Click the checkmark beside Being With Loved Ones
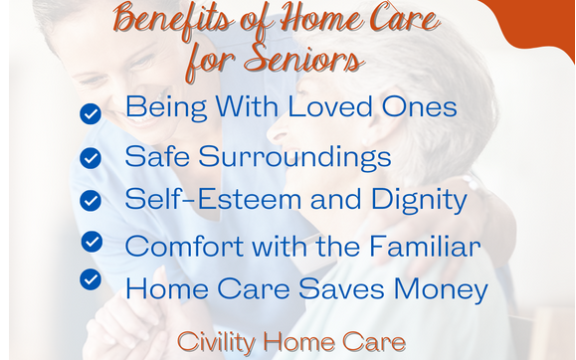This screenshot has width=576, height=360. click(91, 114)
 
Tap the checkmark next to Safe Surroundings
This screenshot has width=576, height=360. click(91, 158)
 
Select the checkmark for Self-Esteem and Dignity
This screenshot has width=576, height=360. click(91, 200)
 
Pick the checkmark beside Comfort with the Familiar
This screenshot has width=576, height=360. click(92, 241)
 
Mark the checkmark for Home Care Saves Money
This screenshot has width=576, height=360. click(91, 279)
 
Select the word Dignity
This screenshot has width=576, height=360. click(418, 199)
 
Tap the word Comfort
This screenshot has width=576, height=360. click(171, 245)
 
